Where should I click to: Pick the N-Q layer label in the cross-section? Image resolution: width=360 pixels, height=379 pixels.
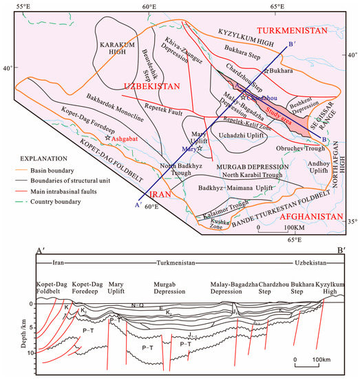(x=136, y=305)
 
